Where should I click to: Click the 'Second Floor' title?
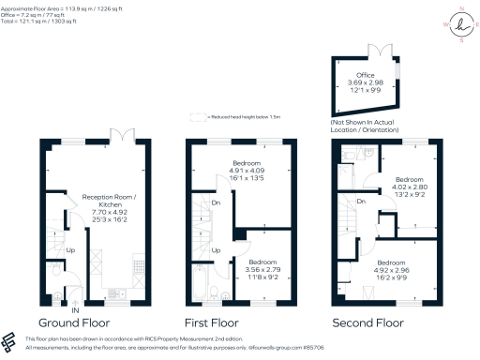coord(370,322)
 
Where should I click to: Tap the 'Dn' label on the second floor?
coord(361,202)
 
